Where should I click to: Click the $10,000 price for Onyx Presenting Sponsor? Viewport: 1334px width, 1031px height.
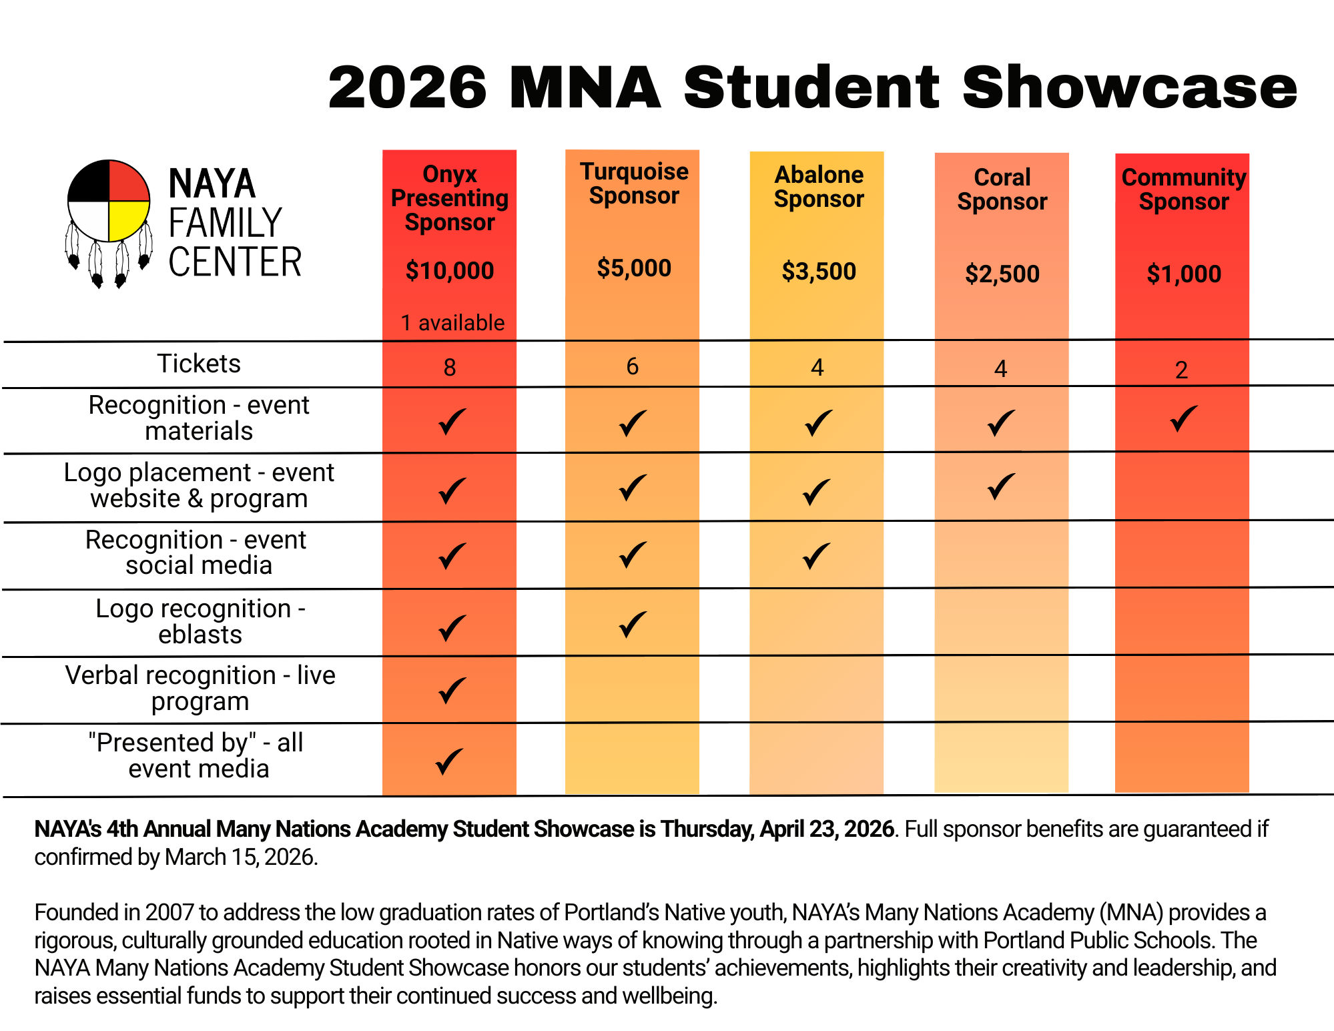[450, 271]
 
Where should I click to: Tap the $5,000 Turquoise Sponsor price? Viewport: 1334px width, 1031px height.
[633, 268]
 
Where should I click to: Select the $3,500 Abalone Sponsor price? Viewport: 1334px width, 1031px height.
[818, 272]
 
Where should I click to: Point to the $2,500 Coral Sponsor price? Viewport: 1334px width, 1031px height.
[1002, 274]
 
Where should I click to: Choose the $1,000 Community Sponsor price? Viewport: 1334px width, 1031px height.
[1183, 274]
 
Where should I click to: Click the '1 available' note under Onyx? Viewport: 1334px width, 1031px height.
[452, 323]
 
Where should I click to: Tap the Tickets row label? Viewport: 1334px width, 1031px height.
[198, 364]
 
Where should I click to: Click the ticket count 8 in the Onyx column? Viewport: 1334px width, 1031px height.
[450, 368]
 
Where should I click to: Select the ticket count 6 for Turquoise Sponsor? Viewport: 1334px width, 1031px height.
[633, 366]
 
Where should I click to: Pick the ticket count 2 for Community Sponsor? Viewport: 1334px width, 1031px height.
[1181, 370]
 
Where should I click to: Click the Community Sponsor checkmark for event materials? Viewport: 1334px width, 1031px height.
[1183, 419]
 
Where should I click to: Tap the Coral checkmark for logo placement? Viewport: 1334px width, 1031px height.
[1001, 487]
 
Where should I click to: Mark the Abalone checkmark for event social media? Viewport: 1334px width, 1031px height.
[817, 556]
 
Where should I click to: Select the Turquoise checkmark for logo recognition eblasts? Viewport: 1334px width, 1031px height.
[633, 625]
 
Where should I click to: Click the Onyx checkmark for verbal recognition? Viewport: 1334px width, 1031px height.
[452, 691]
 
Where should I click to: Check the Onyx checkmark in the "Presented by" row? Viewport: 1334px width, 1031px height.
[449, 761]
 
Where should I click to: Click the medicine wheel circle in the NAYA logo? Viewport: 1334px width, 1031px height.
[109, 200]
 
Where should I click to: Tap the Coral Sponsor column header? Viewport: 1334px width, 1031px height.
[1002, 190]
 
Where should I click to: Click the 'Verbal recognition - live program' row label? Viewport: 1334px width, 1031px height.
[200, 688]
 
